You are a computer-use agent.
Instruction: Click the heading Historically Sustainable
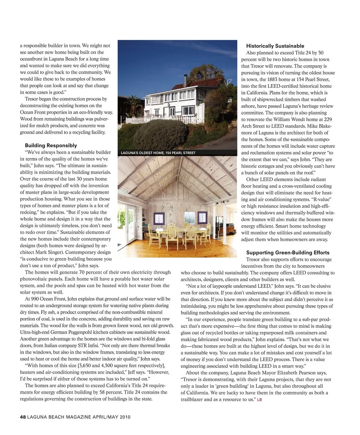click(x=275, y=46)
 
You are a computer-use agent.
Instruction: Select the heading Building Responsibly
click(x=51, y=145)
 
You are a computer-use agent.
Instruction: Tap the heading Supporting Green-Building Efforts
click(x=288, y=252)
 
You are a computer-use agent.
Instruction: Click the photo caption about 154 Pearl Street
click(x=158, y=153)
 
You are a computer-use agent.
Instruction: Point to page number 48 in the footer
click(x=22, y=417)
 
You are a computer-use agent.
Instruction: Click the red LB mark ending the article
click(x=259, y=400)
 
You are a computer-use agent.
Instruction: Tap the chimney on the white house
click(x=185, y=80)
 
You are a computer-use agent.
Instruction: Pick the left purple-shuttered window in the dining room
click(x=159, y=217)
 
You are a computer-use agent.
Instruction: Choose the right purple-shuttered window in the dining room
click(x=202, y=217)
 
